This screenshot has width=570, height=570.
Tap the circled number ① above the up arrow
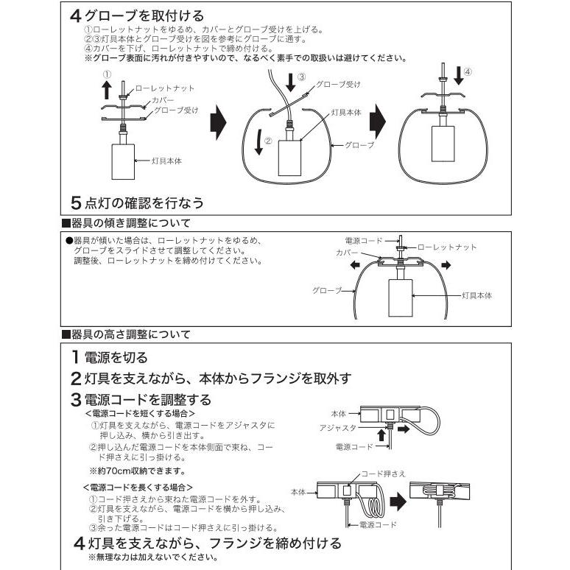pos(106,74)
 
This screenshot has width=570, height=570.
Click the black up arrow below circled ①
pos(106,90)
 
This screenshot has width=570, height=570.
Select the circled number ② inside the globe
pos(269,138)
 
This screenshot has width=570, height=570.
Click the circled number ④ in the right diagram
pos(468,71)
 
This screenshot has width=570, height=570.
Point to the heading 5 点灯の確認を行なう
pos(136,201)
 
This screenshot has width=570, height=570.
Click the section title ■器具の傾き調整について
pos(125,222)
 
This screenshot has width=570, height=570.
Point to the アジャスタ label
pos(338,427)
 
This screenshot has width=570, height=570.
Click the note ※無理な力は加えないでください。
pos(152,557)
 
